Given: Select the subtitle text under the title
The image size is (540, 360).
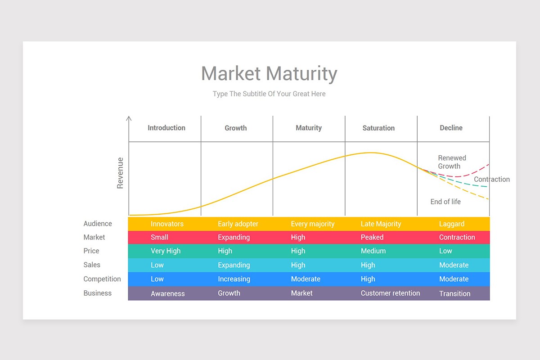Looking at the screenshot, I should (269, 94).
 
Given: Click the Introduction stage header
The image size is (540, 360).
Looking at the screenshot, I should (166, 128).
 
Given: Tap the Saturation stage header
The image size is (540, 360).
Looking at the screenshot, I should (378, 128).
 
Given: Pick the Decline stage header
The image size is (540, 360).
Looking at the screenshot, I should (451, 128).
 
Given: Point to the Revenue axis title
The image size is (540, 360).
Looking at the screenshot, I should (120, 173).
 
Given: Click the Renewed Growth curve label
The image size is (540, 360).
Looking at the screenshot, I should (452, 162).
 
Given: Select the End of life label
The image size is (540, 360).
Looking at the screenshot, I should (445, 202).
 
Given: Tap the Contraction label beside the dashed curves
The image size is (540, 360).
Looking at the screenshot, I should (491, 179).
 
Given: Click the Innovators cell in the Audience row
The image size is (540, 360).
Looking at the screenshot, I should (167, 224).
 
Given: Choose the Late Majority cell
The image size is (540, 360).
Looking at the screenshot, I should (381, 224).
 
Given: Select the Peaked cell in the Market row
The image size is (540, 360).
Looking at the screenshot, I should (372, 237).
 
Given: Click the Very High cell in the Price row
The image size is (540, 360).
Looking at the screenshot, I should (166, 251).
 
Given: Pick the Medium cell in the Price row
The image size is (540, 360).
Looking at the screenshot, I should (373, 251).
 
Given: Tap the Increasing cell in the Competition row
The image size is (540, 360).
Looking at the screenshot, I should (234, 279).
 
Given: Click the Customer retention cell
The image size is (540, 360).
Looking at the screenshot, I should (390, 293).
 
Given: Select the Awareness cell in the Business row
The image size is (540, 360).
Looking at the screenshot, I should (168, 293).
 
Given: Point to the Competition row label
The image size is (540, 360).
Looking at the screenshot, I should (102, 279).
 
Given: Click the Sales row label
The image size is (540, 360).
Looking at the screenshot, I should (92, 265).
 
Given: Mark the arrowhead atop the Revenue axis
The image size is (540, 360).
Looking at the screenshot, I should (129, 118).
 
